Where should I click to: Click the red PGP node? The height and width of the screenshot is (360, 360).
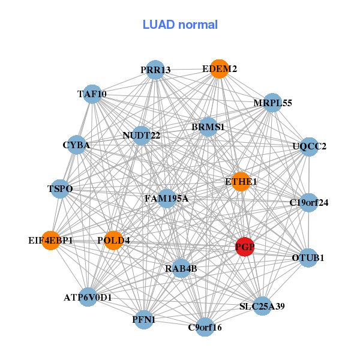[244, 247]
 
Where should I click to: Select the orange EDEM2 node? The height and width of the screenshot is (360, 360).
[219, 69]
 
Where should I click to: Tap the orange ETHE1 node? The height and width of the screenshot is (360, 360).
[241, 182]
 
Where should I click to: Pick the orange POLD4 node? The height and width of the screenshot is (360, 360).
[113, 241]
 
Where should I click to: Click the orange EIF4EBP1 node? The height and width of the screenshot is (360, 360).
[51, 241]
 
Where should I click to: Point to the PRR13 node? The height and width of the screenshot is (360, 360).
[155, 70]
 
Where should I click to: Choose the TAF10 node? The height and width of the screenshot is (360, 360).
[92, 94]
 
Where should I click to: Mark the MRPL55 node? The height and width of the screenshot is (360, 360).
[272, 103]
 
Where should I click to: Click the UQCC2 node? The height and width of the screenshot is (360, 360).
[308, 146]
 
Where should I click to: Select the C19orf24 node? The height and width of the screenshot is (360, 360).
[308, 203]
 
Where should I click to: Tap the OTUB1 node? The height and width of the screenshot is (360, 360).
[308, 258]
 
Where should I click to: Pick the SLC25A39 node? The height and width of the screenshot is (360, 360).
[262, 306]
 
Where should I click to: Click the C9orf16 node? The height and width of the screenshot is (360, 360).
[205, 327]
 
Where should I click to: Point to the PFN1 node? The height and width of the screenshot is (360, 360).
[144, 320]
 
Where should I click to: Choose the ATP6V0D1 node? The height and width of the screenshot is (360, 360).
[88, 297]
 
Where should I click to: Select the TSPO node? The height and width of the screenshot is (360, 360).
[60, 189]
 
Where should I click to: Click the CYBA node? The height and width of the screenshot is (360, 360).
[76, 145]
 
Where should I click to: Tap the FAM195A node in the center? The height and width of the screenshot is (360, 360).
[167, 198]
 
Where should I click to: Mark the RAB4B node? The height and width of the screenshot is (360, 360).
[181, 268]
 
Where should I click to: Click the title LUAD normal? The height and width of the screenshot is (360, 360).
[180, 25]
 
